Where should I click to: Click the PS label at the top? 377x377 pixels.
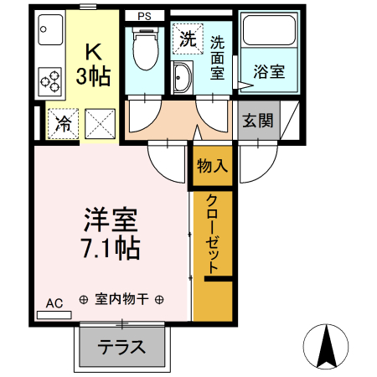pyautogui.click(x=146, y=14)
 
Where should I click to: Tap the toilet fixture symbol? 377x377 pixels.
pyautogui.click(x=147, y=49)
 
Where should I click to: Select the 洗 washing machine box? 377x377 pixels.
pyautogui.click(x=187, y=38)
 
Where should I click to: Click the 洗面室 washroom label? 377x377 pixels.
pyautogui.click(x=218, y=57)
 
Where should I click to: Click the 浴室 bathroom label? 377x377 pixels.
pyautogui.click(x=271, y=71)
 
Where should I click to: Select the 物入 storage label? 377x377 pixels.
pyautogui.click(x=213, y=165)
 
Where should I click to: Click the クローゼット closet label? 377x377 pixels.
pyautogui.click(x=212, y=237)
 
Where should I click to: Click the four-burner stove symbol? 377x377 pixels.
pyautogui.click(x=49, y=81)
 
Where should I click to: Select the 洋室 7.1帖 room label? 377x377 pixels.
pyautogui.click(x=111, y=234)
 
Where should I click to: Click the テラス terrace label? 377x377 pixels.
pyautogui.click(x=121, y=347)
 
